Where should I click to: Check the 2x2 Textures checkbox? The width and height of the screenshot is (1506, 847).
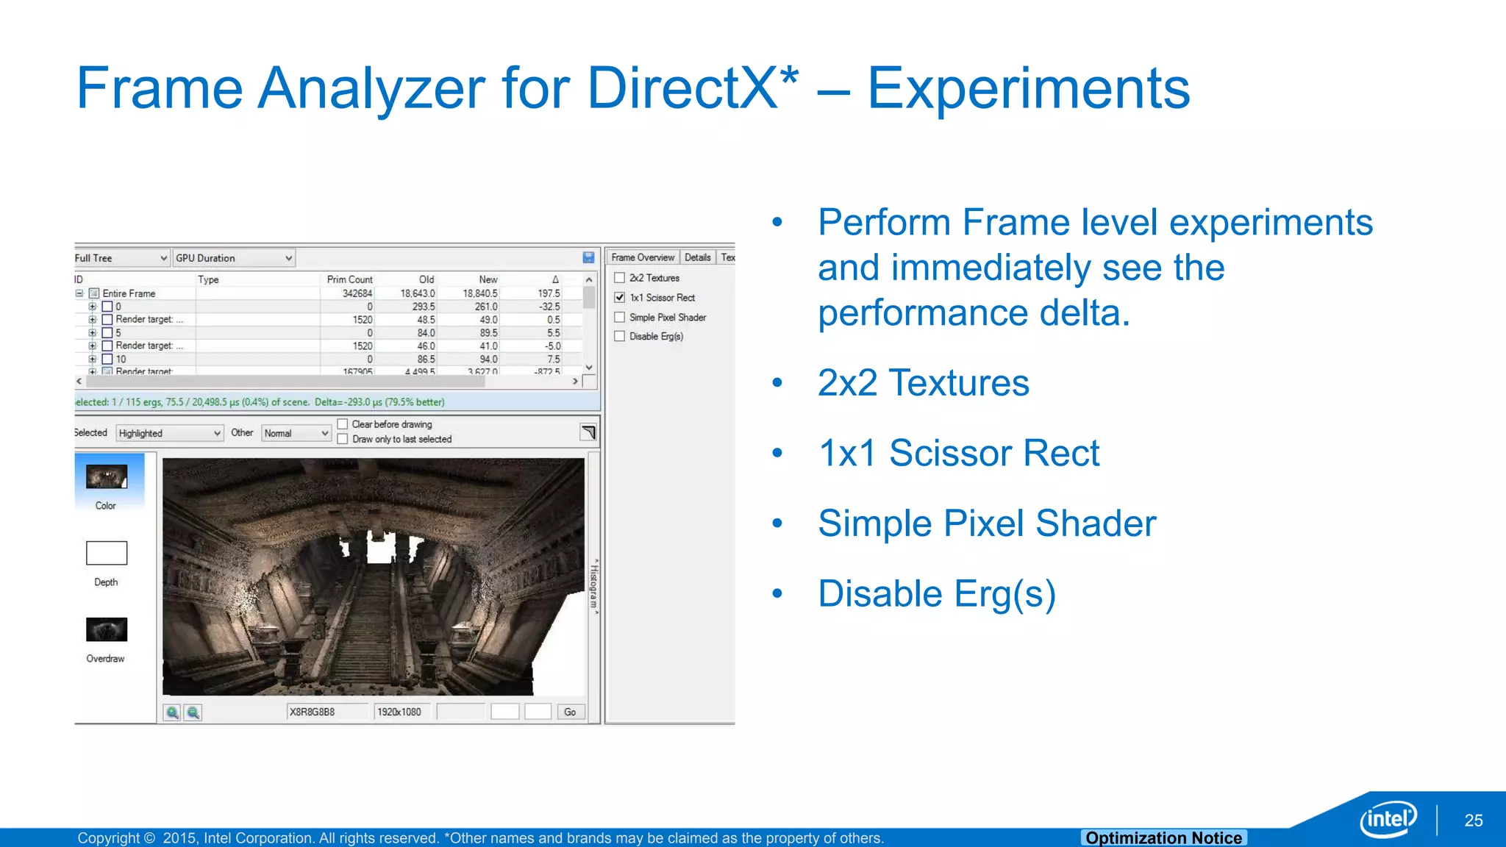[x=620, y=278]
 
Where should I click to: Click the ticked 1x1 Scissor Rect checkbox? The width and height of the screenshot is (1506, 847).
[x=620, y=298]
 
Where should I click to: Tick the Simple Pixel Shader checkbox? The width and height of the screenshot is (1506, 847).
[x=620, y=318]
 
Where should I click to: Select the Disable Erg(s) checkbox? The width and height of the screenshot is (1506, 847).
[x=620, y=337]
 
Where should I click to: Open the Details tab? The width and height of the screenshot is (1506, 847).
[x=697, y=257]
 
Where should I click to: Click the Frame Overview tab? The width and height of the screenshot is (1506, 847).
[x=643, y=257]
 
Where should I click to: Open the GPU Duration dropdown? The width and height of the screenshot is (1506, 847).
[x=234, y=258]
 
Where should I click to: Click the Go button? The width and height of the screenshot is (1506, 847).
[x=570, y=712]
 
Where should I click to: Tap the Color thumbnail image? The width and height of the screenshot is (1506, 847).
[x=107, y=477]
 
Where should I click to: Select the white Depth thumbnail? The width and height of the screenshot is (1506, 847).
[x=107, y=553]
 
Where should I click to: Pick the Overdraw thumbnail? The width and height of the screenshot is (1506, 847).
[x=107, y=629]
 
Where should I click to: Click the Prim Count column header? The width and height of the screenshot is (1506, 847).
[x=349, y=279]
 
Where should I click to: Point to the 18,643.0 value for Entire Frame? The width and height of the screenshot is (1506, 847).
[x=418, y=293]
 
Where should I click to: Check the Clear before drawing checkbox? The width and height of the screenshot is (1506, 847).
[x=343, y=424]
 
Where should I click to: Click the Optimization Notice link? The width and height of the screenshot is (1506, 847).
[x=1163, y=838]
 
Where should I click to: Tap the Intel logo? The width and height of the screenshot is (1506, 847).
[x=1388, y=818]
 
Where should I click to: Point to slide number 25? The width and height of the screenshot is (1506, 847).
[x=1473, y=821]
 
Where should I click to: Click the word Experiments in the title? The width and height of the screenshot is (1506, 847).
[x=1028, y=88]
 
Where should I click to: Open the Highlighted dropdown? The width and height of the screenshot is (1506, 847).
[x=169, y=433]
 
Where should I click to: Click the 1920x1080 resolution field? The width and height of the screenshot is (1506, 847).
[x=399, y=712]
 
